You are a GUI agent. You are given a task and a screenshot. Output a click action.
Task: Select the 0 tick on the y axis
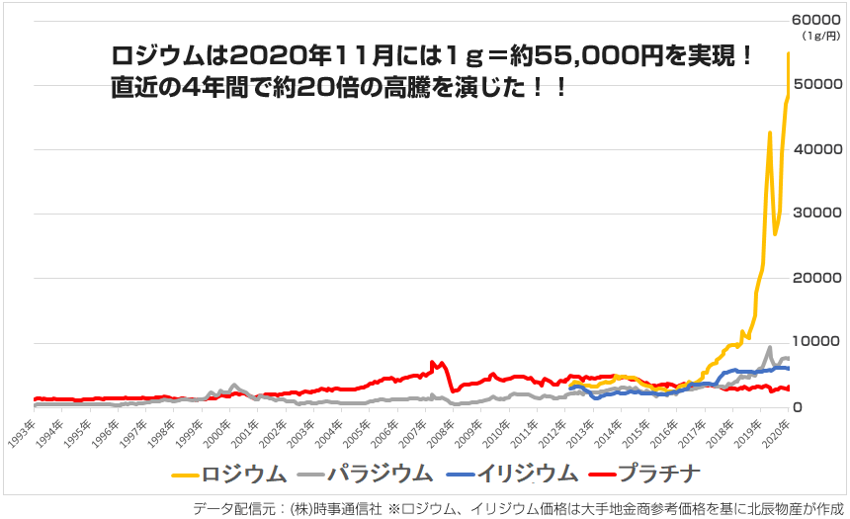[804, 407]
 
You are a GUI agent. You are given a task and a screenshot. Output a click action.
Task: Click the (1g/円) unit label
[821, 37]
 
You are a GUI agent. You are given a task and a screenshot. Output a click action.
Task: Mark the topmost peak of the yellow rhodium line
[788, 53]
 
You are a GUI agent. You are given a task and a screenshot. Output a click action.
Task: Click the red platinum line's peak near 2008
[441, 362]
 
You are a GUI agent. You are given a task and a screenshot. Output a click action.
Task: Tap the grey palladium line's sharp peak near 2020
[769, 348]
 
